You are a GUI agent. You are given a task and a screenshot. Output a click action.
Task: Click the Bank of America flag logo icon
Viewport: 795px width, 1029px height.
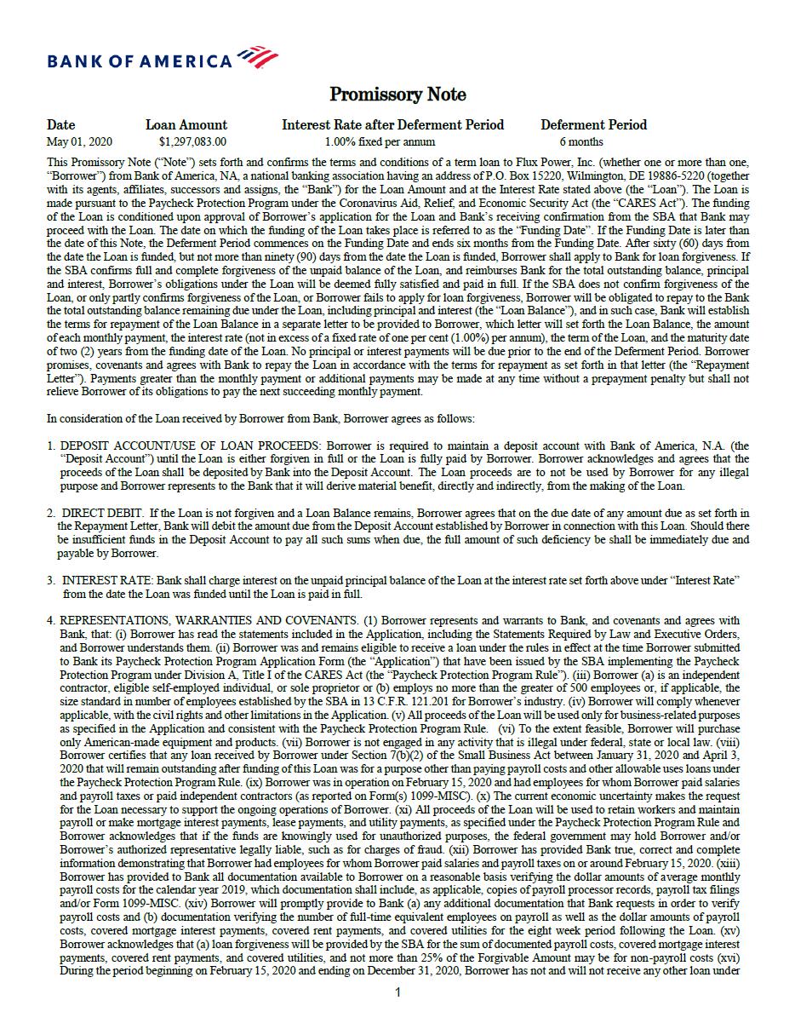(x=257, y=58)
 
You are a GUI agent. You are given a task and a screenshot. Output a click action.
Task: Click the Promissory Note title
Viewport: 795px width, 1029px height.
(x=397, y=94)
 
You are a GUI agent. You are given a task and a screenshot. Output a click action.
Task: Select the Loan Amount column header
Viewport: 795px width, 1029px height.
(x=186, y=124)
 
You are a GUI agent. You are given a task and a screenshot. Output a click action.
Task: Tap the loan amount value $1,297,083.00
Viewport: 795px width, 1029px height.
(x=192, y=141)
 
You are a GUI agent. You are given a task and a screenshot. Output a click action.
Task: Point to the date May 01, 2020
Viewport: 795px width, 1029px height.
(x=79, y=141)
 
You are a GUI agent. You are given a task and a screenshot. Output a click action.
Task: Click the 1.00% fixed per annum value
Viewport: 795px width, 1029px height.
(x=380, y=141)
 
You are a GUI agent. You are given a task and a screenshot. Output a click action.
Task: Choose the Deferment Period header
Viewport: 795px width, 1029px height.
(x=593, y=124)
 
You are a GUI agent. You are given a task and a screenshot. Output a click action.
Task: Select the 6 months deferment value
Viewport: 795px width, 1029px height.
(x=581, y=141)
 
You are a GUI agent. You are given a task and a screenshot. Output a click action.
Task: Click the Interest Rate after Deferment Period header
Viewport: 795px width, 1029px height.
(x=392, y=124)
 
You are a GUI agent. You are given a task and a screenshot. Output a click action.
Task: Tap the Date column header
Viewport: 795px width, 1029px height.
(x=60, y=124)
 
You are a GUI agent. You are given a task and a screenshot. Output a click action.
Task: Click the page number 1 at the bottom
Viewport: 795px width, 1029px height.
(x=397, y=992)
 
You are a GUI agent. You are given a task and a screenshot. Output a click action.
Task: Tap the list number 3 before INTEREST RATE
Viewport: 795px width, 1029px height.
(x=51, y=580)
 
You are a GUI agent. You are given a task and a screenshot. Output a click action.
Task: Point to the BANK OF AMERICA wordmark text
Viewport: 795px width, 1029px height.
(x=140, y=61)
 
